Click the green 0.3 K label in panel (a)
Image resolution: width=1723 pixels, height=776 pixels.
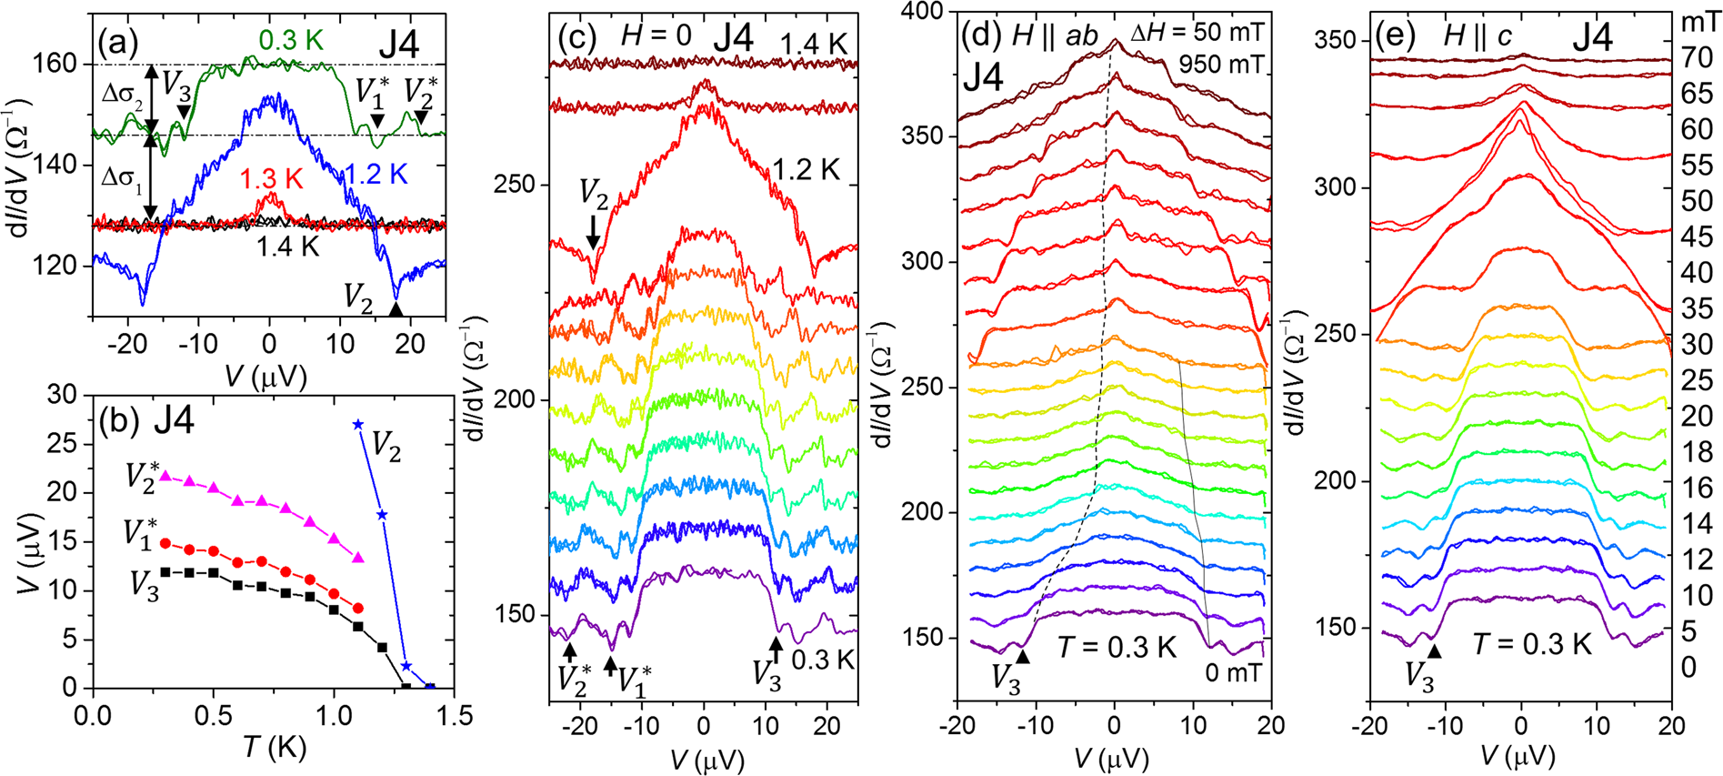(x=290, y=40)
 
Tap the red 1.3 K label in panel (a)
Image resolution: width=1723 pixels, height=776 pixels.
(x=270, y=179)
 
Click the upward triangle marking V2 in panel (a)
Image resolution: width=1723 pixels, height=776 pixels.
(x=396, y=309)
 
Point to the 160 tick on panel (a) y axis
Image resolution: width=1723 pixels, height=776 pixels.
(x=64, y=65)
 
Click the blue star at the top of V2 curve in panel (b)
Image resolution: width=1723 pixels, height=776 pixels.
(x=357, y=425)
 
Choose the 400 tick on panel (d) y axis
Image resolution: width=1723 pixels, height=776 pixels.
(x=926, y=11)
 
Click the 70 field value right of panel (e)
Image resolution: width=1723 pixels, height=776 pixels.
(x=1697, y=58)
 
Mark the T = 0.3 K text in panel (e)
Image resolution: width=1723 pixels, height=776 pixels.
(x=1532, y=644)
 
